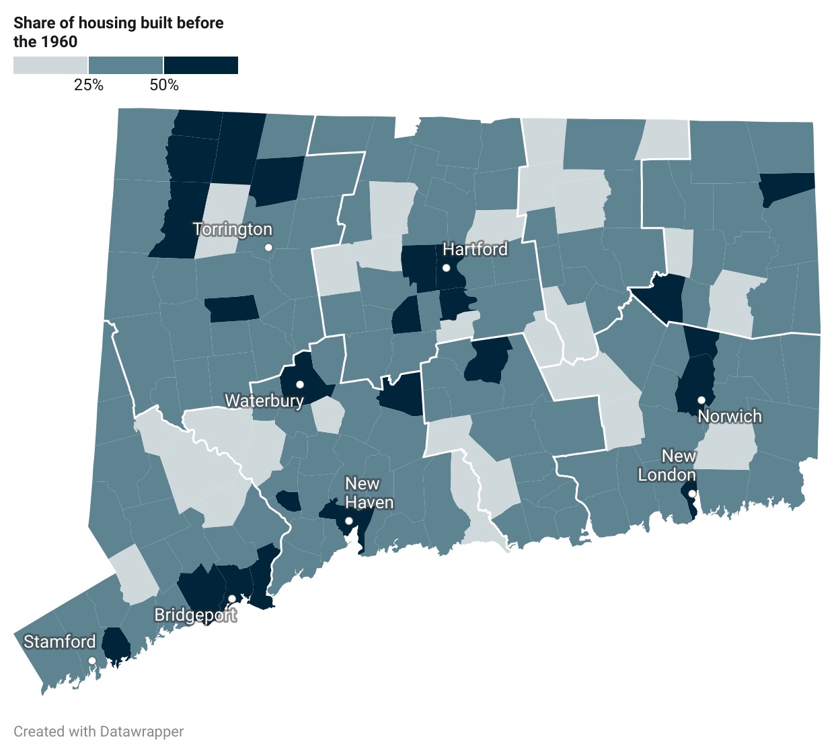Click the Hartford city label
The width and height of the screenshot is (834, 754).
475,249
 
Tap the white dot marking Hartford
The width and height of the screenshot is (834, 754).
446,268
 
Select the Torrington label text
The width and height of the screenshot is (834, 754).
233,230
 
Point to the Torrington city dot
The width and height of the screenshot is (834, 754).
268,248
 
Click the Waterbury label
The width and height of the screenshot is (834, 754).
264,401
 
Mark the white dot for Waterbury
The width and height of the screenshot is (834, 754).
300,384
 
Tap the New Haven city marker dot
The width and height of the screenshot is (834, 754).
348,521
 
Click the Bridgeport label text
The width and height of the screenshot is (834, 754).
195,615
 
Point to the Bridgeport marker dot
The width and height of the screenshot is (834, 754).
231,598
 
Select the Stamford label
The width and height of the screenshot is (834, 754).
60,642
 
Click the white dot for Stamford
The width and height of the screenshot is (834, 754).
92,660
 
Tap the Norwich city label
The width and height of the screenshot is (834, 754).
730,416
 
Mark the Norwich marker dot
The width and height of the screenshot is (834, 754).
701,400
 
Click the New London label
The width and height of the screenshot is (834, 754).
667,465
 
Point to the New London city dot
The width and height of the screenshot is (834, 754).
692,493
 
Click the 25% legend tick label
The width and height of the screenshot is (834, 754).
89,85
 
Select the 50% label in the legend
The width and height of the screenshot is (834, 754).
164,85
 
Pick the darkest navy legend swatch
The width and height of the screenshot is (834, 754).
201,65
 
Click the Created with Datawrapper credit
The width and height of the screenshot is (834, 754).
99,731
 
